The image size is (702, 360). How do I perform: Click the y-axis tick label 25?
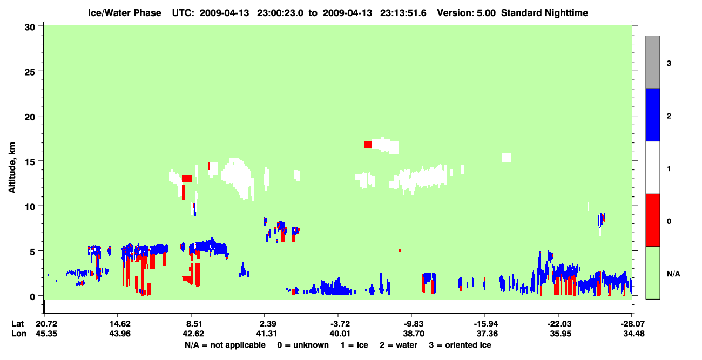pos(30,72)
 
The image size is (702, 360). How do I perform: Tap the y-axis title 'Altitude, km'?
pos(12,168)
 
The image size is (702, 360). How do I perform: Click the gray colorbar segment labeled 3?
pos(652,62)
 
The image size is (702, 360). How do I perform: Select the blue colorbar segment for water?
pos(652,114)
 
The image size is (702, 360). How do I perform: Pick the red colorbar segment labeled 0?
pos(652,220)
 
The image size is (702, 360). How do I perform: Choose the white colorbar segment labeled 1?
pos(652,167)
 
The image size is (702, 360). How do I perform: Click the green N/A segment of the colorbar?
pos(652,273)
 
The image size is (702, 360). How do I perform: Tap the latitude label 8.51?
pos(193,324)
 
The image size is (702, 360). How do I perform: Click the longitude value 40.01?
pos(340,334)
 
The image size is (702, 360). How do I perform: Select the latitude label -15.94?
pos(485,324)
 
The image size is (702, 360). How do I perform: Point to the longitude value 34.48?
pos(633,334)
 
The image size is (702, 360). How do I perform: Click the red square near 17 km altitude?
pos(368,145)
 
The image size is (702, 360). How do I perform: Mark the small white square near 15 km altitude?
pos(507,158)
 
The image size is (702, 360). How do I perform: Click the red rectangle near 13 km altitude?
pos(187,178)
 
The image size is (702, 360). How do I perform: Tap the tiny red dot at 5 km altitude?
pos(400,250)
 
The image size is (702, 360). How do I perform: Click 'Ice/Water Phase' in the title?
pos(124,13)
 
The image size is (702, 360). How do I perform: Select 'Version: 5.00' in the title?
pos(467,13)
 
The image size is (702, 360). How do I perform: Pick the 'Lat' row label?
pos(17,324)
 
